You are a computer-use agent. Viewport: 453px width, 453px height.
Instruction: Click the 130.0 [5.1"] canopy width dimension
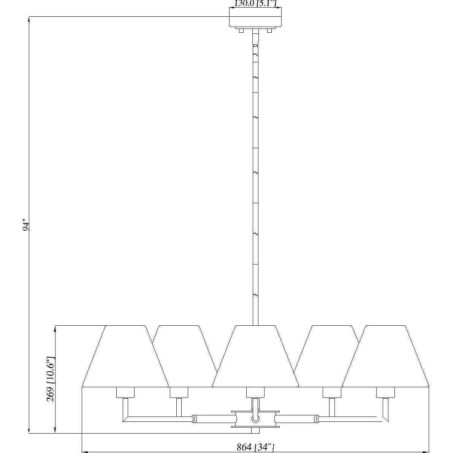click(x=255, y=4)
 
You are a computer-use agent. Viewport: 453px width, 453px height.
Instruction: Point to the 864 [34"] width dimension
click(x=255, y=447)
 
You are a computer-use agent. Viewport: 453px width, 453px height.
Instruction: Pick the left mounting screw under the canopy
click(x=241, y=30)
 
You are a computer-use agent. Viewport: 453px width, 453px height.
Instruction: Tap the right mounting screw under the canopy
click(x=270, y=30)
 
